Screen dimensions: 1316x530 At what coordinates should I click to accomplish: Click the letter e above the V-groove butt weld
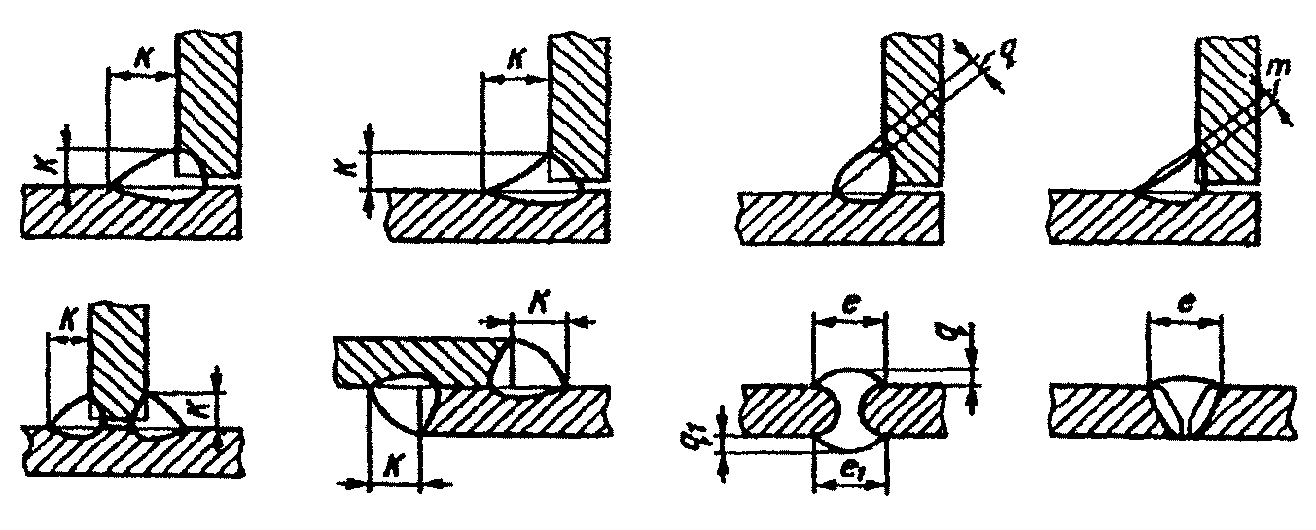pyautogui.click(x=1182, y=301)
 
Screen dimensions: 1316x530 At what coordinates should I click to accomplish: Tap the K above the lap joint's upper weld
pyautogui.click(x=537, y=306)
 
